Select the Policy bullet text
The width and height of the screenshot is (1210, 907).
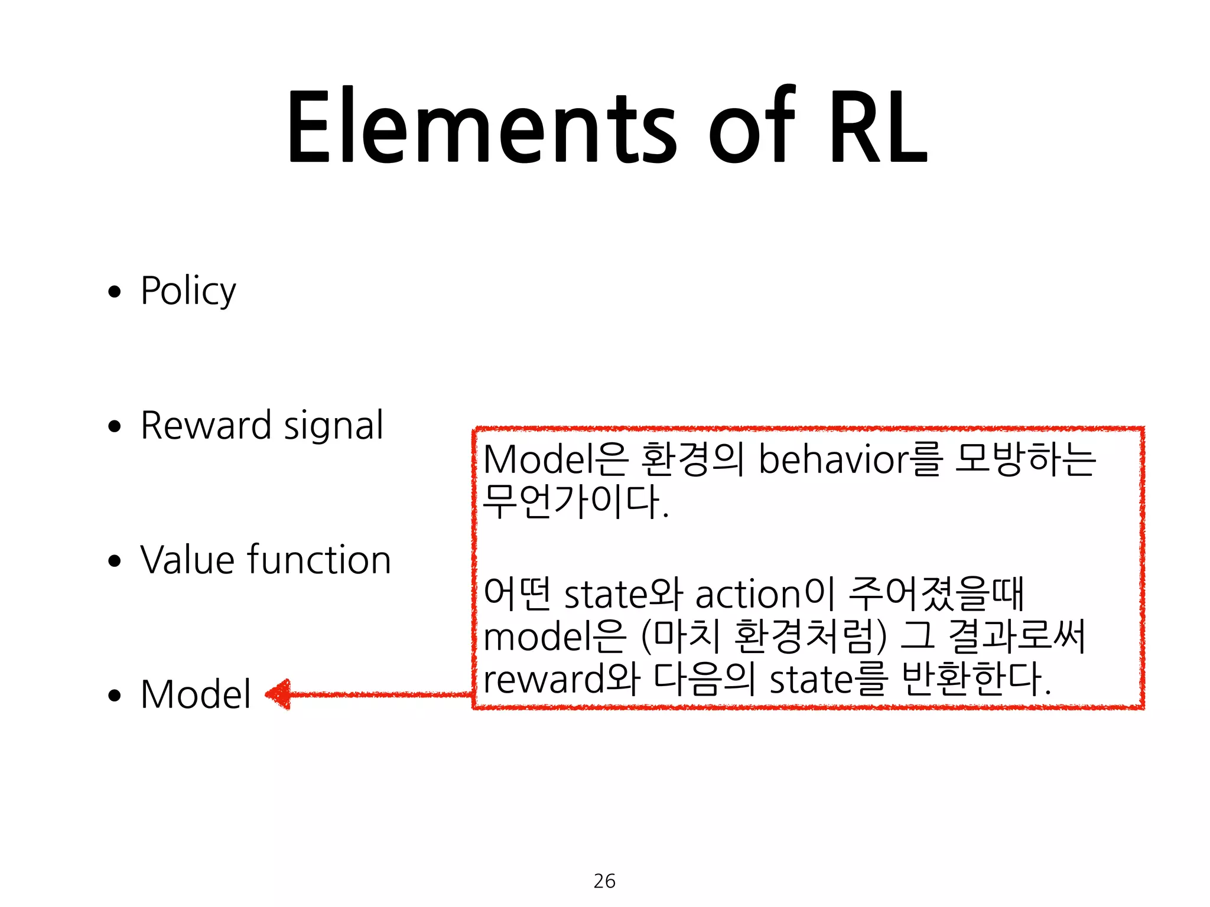(x=188, y=291)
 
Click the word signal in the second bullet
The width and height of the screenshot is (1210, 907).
(x=334, y=426)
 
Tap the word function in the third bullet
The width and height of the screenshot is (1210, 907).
(x=319, y=560)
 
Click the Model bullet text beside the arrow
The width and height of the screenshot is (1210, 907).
(x=196, y=694)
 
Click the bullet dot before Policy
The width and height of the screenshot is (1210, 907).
(x=115, y=292)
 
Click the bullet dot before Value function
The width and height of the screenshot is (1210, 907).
(x=115, y=561)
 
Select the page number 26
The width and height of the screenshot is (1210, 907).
(x=604, y=881)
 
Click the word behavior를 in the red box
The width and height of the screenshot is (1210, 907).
(x=848, y=459)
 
